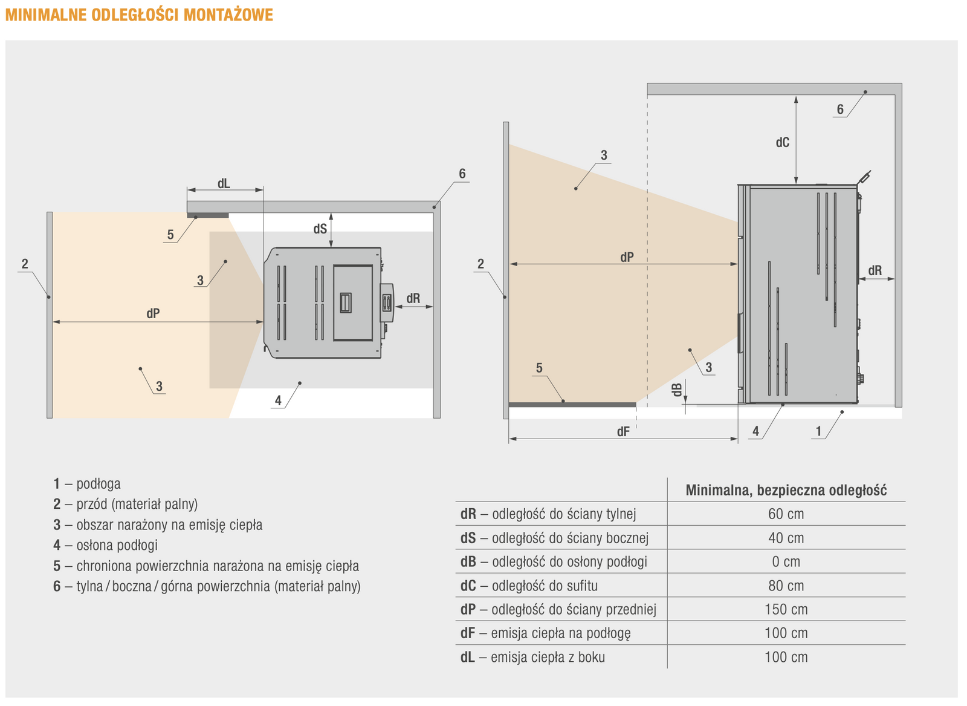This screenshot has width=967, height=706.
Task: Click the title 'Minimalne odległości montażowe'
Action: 139,15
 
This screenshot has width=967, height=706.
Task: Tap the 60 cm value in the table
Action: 786,514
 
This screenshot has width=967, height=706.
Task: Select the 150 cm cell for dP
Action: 786,609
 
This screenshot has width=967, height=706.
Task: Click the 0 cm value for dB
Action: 786,562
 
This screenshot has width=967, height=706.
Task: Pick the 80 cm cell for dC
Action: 786,586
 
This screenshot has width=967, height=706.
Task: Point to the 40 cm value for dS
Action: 786,538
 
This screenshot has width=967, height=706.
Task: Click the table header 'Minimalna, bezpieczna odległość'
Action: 786,490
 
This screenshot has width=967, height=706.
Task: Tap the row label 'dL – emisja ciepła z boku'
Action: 532,657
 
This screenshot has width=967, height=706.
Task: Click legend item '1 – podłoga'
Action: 87,484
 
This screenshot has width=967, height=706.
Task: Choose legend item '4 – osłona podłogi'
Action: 105,545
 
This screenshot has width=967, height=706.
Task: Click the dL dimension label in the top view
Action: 224,183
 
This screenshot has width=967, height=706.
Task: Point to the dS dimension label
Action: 320,229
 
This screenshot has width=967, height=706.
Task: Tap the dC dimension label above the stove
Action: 783,143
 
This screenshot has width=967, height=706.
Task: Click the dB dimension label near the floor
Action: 678,390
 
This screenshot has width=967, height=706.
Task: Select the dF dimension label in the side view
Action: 623,432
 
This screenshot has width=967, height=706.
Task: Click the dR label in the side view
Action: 875,271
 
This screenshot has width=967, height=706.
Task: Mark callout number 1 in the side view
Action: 819,431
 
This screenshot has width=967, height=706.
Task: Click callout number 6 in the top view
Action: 462,174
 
